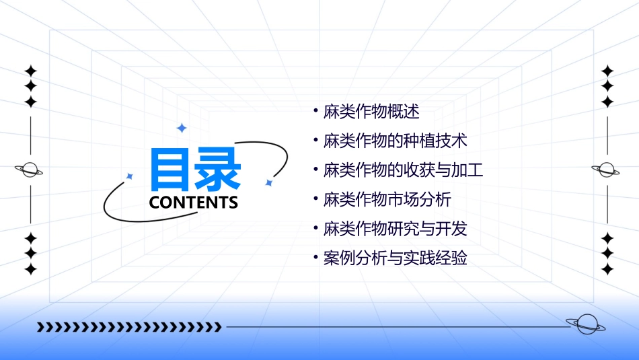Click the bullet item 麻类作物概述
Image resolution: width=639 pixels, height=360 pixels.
click(371, 112)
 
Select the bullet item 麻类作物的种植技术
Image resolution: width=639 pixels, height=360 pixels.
click(395, 141)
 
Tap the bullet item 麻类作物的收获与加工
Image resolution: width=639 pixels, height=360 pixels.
click(403, 170)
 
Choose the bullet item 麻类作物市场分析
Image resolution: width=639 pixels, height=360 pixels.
click(387, 200)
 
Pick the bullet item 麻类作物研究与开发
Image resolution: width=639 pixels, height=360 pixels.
click(395, 229)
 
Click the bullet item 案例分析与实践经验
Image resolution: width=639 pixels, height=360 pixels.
click(395, 258)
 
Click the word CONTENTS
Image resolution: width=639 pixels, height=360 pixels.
click(194, 203)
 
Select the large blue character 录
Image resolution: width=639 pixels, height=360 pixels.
click(218, 170)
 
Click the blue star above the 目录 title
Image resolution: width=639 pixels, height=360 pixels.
click(181, 128)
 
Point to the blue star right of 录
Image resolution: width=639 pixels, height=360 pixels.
click(268, 182)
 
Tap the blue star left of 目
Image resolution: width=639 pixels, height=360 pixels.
click(130, 176)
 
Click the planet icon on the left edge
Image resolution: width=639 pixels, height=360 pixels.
click(30, 170)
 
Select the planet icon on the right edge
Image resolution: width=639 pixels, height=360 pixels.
click(607, 170)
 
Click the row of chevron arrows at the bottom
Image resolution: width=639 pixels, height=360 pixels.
click(128, 328)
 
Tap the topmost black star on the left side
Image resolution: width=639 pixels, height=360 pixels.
click(30, 71)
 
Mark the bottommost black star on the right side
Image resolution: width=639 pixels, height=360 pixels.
click(607, 269)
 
